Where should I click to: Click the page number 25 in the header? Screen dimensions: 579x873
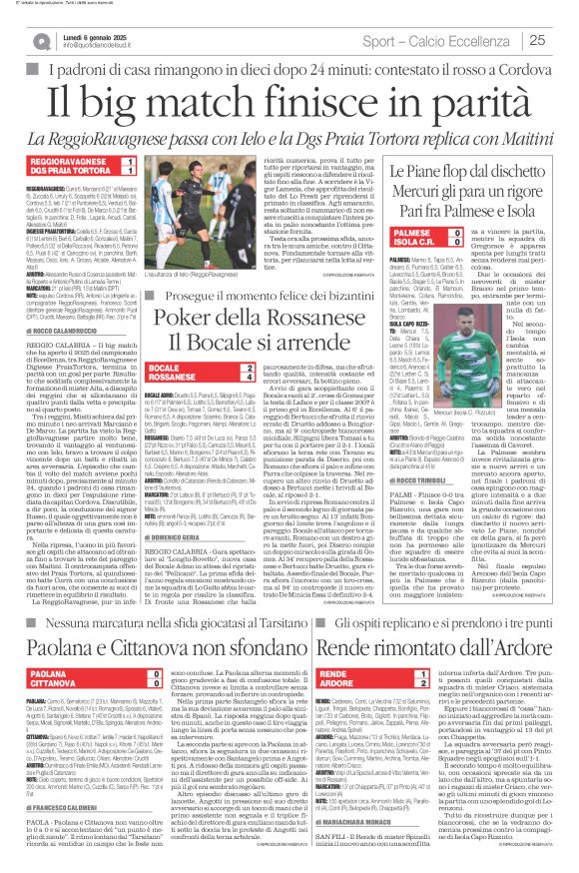click(563, 39)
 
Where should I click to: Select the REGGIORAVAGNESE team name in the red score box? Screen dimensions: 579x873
click(59, 159)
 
